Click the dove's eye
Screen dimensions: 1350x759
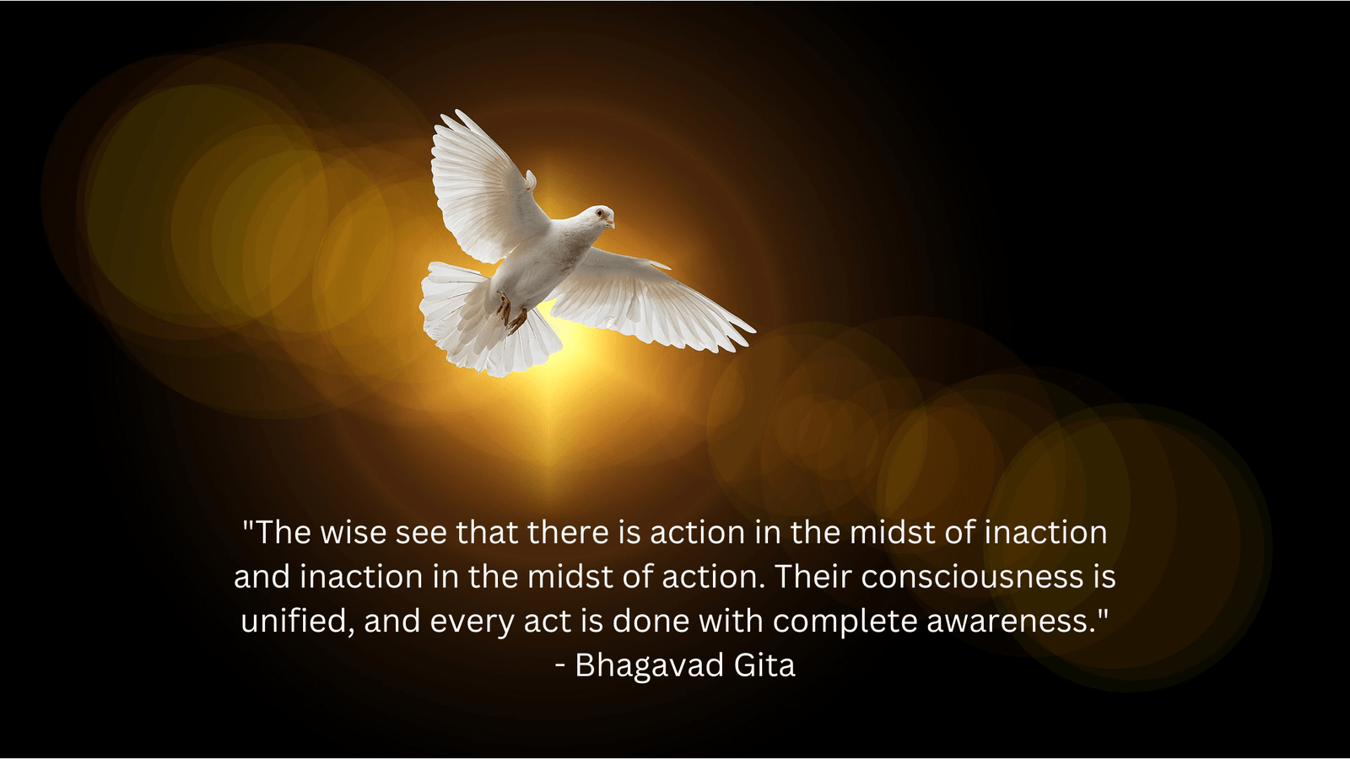599,213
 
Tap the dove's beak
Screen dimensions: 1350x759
610,223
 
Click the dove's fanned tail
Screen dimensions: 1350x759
482,320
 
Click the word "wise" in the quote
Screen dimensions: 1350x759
354,532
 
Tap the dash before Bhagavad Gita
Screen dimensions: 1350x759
560,667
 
